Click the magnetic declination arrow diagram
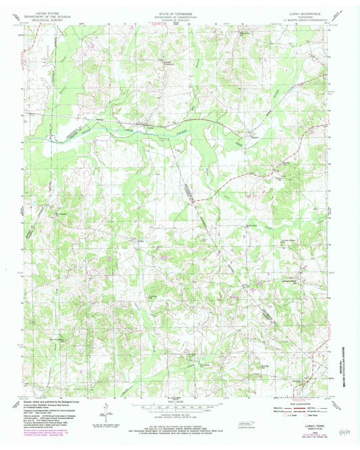(106, 409)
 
